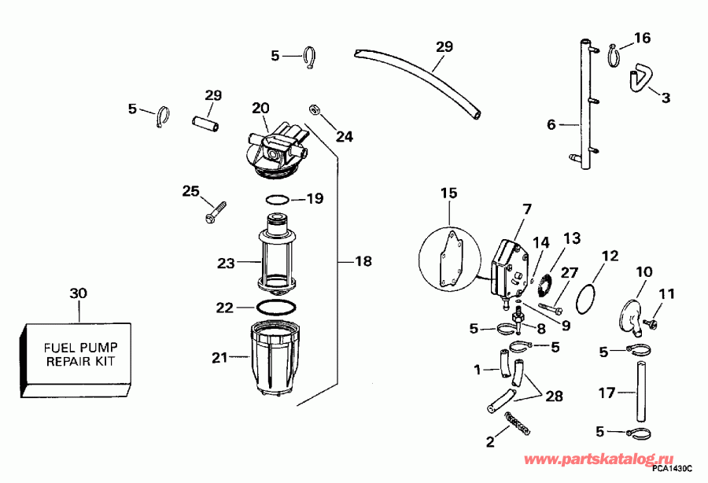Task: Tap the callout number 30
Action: point(78,293)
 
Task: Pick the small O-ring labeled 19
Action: point(278,199)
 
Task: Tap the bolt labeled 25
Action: point(214,209)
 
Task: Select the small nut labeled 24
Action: point(313,108)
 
